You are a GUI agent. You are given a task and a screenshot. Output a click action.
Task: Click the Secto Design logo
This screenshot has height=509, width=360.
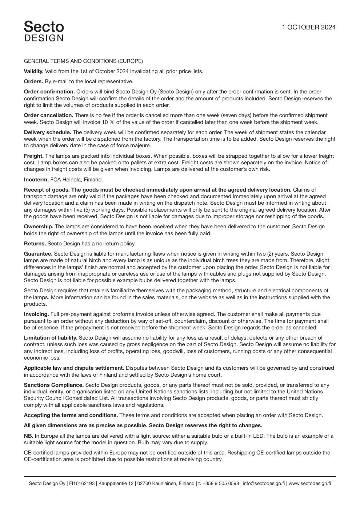pyautogui.click(x=44, y=31)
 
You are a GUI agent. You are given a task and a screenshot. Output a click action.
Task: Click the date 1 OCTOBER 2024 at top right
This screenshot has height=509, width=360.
pyautogui.click(x=309, y=27)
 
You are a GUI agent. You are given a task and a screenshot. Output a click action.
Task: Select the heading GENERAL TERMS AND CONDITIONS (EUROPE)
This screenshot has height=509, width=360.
pyautogui.click(x=83, y=61)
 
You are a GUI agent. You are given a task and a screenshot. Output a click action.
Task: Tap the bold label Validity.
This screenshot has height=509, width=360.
pyautogui.click(x=33, y=71)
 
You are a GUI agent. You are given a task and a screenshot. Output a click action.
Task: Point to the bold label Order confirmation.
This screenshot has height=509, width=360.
pyautogui.click(x=49, y=92)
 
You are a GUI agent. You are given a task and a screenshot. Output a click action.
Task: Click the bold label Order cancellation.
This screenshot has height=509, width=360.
pyautogui.click(x=48, y=115)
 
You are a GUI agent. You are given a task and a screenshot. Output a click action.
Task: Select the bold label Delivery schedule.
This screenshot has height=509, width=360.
pyautogui.click(x=47, y=132)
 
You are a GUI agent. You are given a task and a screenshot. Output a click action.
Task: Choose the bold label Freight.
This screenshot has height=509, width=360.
pyautogui.click(x=33, y=156)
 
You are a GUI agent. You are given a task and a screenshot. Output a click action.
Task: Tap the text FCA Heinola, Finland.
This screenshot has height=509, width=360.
pyautogui.click(x=76, y=180)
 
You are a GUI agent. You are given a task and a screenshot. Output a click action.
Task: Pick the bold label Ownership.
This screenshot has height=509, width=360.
pyautogui.click(x=39, y=227)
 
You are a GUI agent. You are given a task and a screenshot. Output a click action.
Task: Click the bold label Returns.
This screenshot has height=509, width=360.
pyautogui.click(x=35, y=244)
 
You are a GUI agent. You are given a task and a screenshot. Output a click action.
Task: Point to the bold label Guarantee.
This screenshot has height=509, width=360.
pyautogui.click(x=38, y=254)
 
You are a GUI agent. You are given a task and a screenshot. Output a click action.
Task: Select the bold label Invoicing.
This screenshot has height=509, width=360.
pyautogui.click(x=36, y=314)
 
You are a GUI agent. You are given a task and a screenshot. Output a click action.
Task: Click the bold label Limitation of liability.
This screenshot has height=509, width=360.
pyautogui.click(x=51, y=338)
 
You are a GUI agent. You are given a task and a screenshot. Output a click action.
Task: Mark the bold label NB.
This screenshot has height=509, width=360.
pyautogui.click(x=28, y=436)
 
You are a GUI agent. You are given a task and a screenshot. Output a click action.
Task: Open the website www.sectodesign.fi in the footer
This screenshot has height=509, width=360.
pyautogui.click(x=310, y=484)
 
